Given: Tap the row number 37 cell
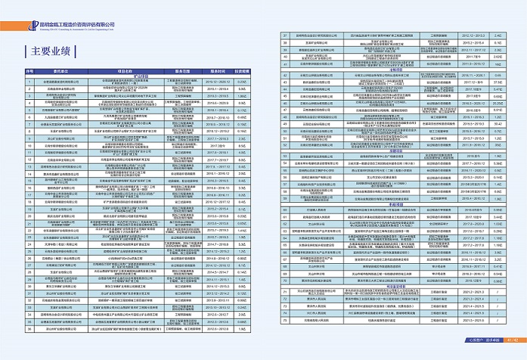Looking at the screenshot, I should pyautogui.click(x=284, y=36).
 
